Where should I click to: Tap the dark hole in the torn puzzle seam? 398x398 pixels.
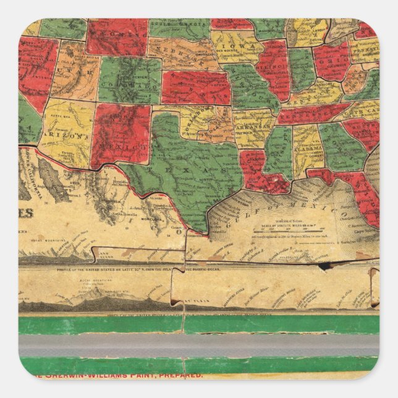324,266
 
